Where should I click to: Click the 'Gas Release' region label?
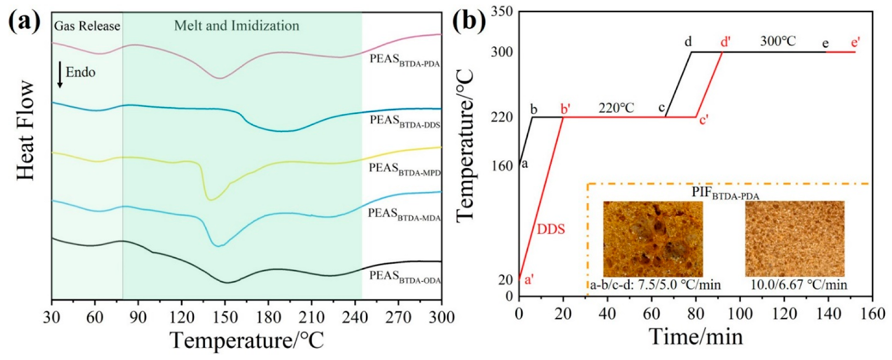pos(87,26)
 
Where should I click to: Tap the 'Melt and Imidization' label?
pos(237,26)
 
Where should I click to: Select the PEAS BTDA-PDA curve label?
pos(405,60)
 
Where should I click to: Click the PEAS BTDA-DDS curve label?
pos(405,121)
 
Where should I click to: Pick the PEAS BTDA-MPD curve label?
pos(404,169)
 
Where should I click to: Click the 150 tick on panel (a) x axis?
pos(225,318)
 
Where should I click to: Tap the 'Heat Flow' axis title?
pos(26,130)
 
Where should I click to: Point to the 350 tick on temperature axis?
pos(502,11)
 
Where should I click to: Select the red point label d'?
pos(725,42)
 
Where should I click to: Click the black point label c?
pos(661,107)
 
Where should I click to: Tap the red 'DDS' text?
pos(551,229)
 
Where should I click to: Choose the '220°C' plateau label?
pos(616,108)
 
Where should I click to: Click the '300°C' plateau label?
pos(778,41)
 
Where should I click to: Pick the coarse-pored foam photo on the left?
pos(653,239)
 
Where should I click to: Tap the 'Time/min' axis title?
pos(695,336)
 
